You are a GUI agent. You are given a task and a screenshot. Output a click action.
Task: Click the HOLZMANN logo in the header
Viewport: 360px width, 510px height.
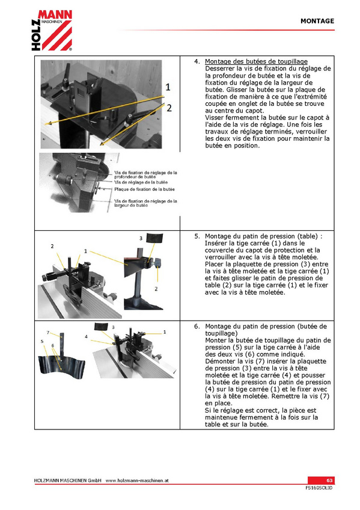point(52,30)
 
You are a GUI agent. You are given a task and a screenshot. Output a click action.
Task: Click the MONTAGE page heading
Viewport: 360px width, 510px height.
point(317,21)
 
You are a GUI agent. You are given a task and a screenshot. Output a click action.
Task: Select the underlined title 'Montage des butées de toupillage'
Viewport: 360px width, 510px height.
point(256,61)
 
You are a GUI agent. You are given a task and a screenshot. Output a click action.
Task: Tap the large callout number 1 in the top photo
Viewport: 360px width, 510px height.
point(168,87)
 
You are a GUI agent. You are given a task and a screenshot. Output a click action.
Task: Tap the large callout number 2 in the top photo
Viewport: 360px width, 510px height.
point(169,108)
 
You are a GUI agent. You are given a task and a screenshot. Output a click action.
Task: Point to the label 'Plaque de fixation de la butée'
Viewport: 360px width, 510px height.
point(144,189)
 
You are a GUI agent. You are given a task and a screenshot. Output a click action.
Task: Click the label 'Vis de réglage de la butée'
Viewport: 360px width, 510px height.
point(141,182)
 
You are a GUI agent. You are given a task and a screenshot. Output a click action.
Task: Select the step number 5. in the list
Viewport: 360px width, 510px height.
point(197,236)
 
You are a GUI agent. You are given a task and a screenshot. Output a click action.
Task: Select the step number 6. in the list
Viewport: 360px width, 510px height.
point(197,327)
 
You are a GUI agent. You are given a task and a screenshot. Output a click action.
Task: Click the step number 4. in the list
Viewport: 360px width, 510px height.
point(197,61)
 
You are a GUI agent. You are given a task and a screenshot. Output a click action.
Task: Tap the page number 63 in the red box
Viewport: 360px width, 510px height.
point(329,481)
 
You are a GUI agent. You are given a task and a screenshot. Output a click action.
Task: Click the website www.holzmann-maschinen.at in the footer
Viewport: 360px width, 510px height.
point(137,481)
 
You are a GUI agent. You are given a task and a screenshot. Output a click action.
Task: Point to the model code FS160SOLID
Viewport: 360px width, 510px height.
point(319,488)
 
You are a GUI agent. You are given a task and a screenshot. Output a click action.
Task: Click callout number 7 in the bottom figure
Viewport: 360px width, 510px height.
point(47,333)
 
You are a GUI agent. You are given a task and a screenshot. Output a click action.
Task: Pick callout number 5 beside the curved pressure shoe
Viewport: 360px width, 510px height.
point(42,341)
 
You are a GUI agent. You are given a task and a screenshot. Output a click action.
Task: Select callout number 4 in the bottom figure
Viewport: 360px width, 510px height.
point(86,337)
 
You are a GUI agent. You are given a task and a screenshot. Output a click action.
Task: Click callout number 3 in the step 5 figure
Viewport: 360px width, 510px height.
point(141,238)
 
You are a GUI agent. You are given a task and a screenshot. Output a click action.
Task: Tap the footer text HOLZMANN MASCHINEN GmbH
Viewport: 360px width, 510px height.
point(67,481)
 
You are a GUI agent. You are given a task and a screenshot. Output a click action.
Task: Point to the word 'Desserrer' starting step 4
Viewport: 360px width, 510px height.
point(219,69)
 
